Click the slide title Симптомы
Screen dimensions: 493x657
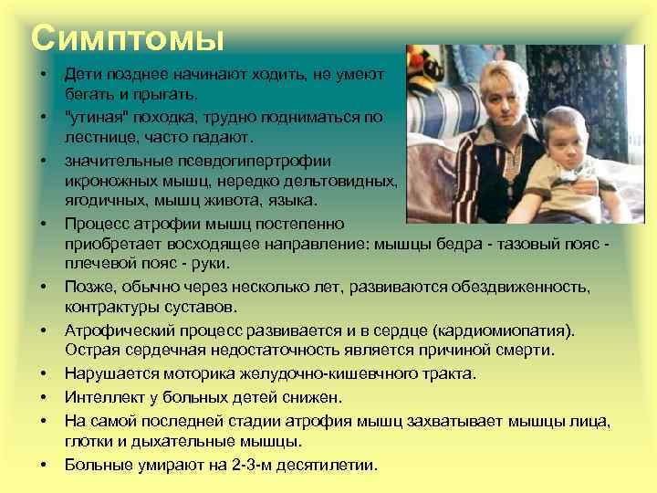tap(127, 38)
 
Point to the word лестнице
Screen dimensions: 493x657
tap(99, 138)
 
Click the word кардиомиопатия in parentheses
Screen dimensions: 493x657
tap(511, 329)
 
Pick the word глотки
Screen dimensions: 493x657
tap(87, 441)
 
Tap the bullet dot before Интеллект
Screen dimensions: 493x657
tap(44, 397)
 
